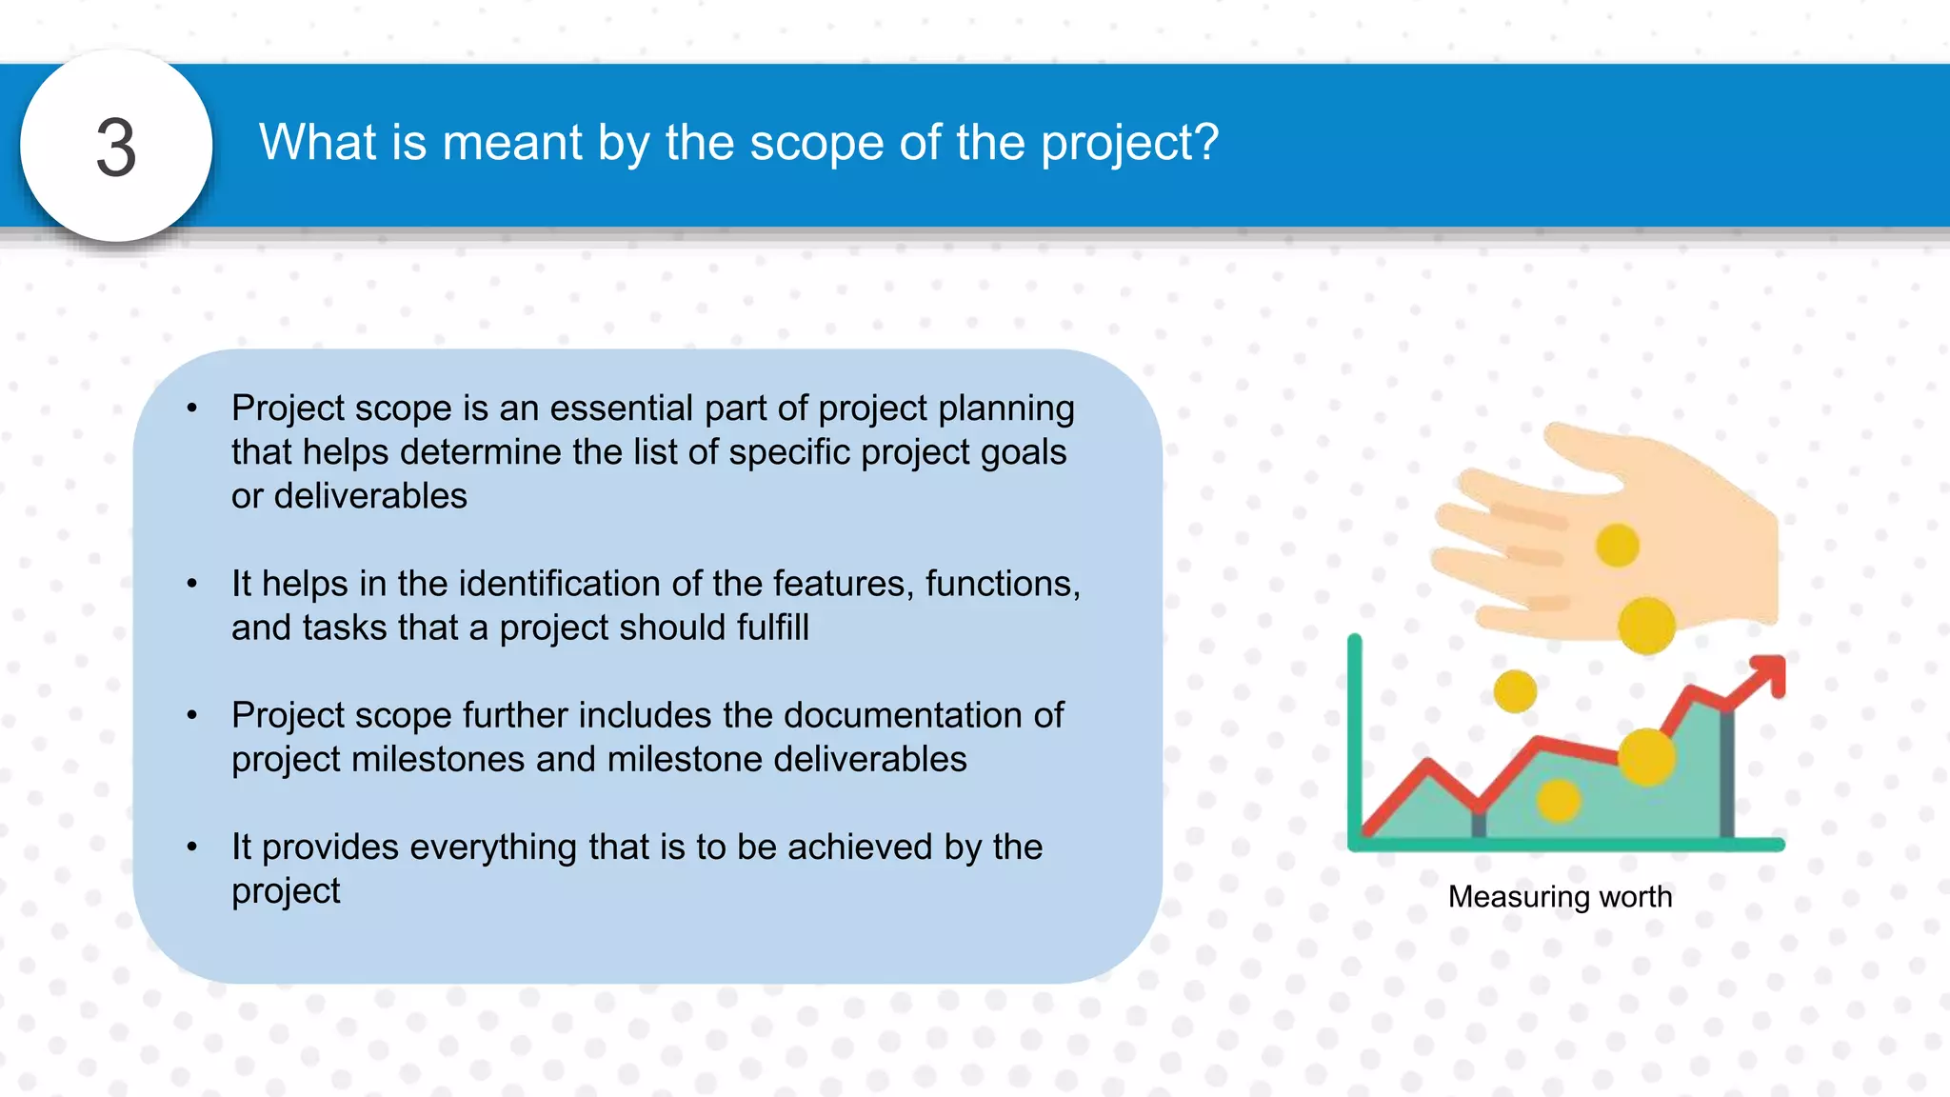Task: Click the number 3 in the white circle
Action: [x=116, y=149]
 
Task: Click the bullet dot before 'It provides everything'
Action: [x=192, y=847]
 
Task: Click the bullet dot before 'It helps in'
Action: [x=192, y=584]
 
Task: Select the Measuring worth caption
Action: [x=1560, y=897]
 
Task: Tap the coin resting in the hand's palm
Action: [x=1617, y=546]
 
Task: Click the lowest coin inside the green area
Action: [x=1559, y=800]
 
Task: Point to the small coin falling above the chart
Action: [x=1515, y=691]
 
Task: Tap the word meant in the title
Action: [x=511, y=144]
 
